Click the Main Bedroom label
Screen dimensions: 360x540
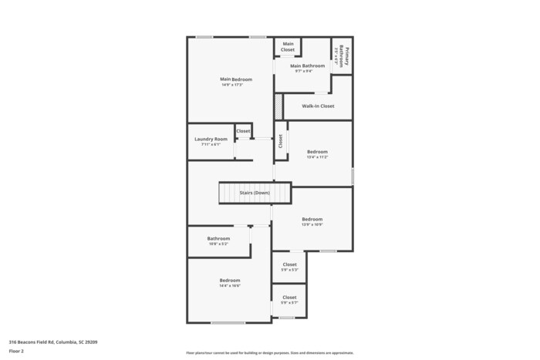tap(231, 79)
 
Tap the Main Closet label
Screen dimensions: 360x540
tap(288, 47)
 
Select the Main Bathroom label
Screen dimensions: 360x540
tap(307, 66)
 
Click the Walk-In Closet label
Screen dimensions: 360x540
tap(318, 106)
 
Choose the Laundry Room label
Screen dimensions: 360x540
tap(211, 139)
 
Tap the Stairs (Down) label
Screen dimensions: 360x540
tap(255, 192)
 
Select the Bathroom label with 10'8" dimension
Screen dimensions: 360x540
tap(218, 238)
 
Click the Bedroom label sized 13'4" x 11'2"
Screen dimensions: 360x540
tap(317, 152)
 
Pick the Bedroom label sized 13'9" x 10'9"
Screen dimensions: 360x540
tap(312, 219)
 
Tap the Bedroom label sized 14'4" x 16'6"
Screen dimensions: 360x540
tap(229, 281)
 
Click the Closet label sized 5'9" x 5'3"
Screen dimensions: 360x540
tap(289, 264)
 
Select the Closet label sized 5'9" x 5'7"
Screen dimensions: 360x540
tap(289, 298)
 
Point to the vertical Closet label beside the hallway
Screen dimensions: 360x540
tap(281, 141)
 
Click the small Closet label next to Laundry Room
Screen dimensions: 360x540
tap(243, 131)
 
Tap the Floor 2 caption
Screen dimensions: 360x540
tap(17, 351)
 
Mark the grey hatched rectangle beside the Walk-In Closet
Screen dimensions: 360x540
tap(278, 106)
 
